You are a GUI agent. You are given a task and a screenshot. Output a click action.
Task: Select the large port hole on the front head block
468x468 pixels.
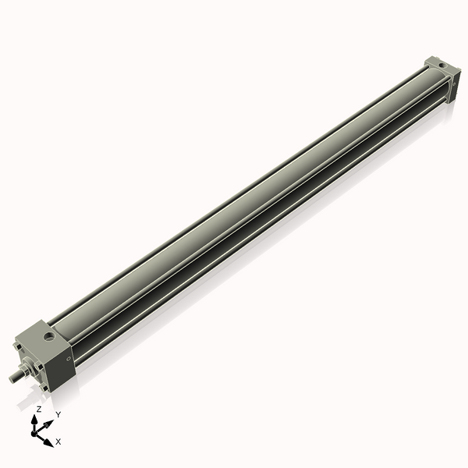tap(51, 337)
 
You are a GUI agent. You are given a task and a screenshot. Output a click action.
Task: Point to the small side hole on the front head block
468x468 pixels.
tap(71, 359)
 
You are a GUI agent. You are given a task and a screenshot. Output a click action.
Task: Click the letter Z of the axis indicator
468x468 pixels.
tap(38, 409)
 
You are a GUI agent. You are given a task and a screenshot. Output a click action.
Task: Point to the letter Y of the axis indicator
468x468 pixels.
tap(58, 413)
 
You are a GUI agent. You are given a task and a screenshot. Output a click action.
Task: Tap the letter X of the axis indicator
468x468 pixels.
tap(58, 441)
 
